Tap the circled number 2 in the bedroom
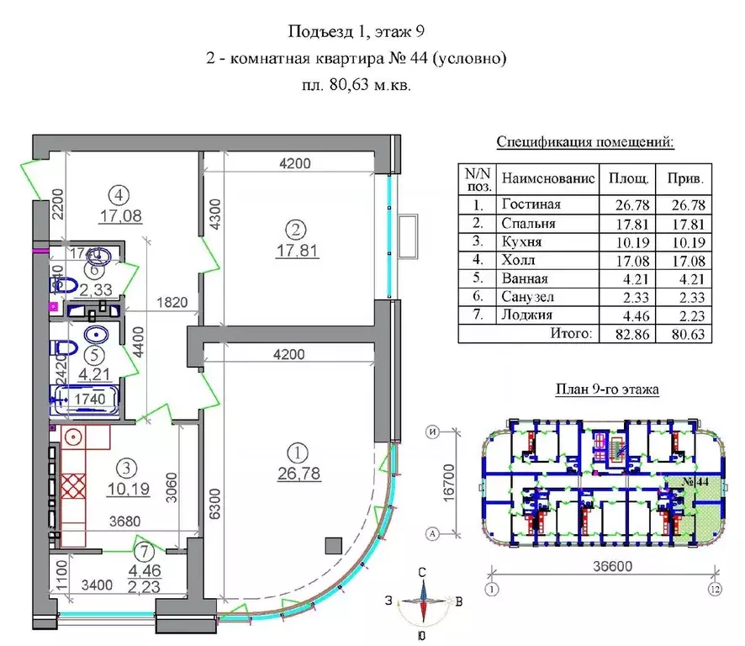[x=293, y=228]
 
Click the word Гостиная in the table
[x=530, y=204]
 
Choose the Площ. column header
[x=627, y=178]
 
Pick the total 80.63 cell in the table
[x=684, y=334]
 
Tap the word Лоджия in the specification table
[x=526, y=315]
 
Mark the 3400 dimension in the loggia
[x=92, y=579]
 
